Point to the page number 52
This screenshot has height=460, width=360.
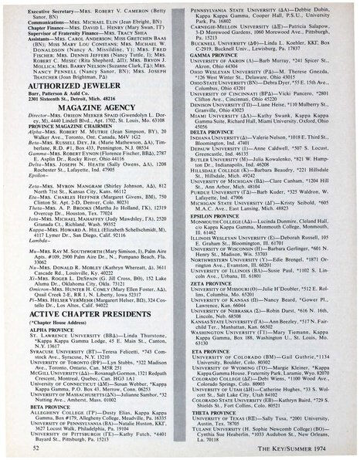click(x=36, y=446)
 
